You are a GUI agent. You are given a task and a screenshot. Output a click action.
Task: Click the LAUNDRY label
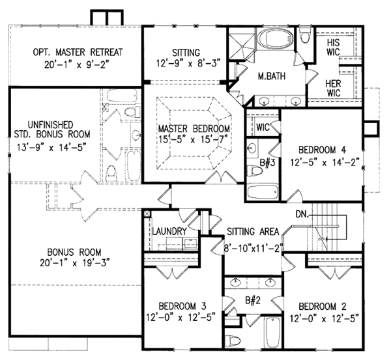point(171,232)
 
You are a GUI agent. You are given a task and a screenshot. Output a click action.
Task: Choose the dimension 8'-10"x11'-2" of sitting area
point(253,247)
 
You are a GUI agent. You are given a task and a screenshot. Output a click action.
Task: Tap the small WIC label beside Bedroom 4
point(264,126)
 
